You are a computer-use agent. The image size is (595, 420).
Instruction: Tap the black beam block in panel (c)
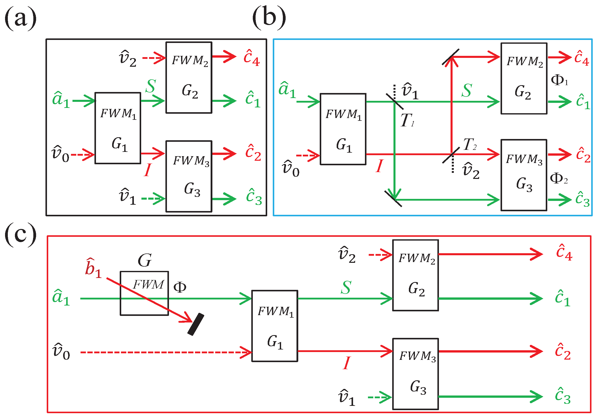pyautogui.click(x=196, y=324)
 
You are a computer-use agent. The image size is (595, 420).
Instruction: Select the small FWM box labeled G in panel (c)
pyautogui.click(x=144, y=293)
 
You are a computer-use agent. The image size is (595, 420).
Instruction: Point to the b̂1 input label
pyautogui.click(x=93, y=269)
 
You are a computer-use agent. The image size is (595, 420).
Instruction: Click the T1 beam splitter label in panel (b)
pyautogui.click(x=407, y=121)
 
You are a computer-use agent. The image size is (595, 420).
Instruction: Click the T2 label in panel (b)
pyautogui.click(x=469, y=144)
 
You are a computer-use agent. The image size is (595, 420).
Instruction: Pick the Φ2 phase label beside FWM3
pyautogui.click(x=558, y=179)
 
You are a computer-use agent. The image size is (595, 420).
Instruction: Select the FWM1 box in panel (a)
pyautogui.click(x=118, y=128)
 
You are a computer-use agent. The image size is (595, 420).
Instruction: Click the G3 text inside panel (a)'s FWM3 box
pyautogui.click(x=192, y=189)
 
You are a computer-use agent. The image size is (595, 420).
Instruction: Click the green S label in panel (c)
pyautogui.click(x=346, y=288)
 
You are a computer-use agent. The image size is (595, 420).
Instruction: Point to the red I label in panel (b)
pyautogui.click(x=379, y=166)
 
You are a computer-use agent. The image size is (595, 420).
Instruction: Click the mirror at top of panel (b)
pyautogui.click(x=451, y=57)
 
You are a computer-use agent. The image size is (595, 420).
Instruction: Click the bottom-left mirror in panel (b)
pyautogui.click(x=393, y=199)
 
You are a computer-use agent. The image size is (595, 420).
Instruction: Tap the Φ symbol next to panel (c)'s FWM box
pyautogui.click(x=180, y=287)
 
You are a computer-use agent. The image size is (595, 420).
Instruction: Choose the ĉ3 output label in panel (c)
pyautogui.click(x=563, y=396)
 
